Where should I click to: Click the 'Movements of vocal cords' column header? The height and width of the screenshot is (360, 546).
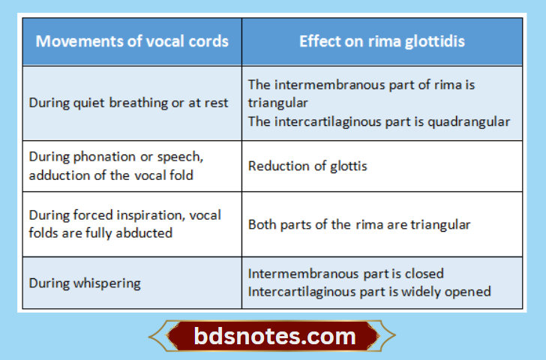tap(132, 41)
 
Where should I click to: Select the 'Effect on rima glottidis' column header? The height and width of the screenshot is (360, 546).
tap(382, 41)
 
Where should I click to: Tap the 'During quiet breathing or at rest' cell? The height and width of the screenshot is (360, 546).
tap(128, 103)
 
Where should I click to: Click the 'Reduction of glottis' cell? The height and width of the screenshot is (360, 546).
tap(307, 166)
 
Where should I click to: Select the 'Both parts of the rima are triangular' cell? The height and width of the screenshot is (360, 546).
tap(359, 224)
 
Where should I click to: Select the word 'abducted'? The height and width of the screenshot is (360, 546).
tap(148, 233)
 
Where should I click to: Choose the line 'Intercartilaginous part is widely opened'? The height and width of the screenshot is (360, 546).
tap(369, 292)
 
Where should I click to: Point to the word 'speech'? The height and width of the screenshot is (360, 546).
tap(181, 157)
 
